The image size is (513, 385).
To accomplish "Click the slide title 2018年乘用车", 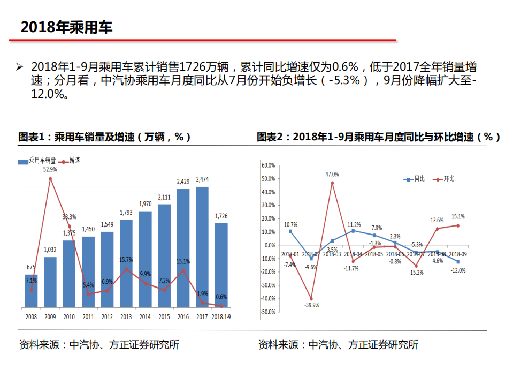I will pos(66,27).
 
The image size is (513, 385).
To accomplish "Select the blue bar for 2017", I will pos(202,247).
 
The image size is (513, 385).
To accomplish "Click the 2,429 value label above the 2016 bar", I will pos(183,182).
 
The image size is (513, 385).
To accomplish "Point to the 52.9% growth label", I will pos(50,169).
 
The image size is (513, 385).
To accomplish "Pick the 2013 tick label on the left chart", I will pos(126,317).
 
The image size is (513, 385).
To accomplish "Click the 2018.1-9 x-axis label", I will pos(221,317).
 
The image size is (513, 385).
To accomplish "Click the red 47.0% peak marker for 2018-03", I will pos(332,183).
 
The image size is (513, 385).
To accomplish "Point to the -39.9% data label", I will pos(311,305).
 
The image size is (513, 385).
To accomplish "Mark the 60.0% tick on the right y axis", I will pos(268,165).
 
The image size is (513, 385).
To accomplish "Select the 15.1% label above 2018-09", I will pos(458,216).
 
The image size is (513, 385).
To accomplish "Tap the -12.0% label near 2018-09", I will pos(458,270).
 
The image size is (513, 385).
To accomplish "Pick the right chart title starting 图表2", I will pos(378,137).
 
